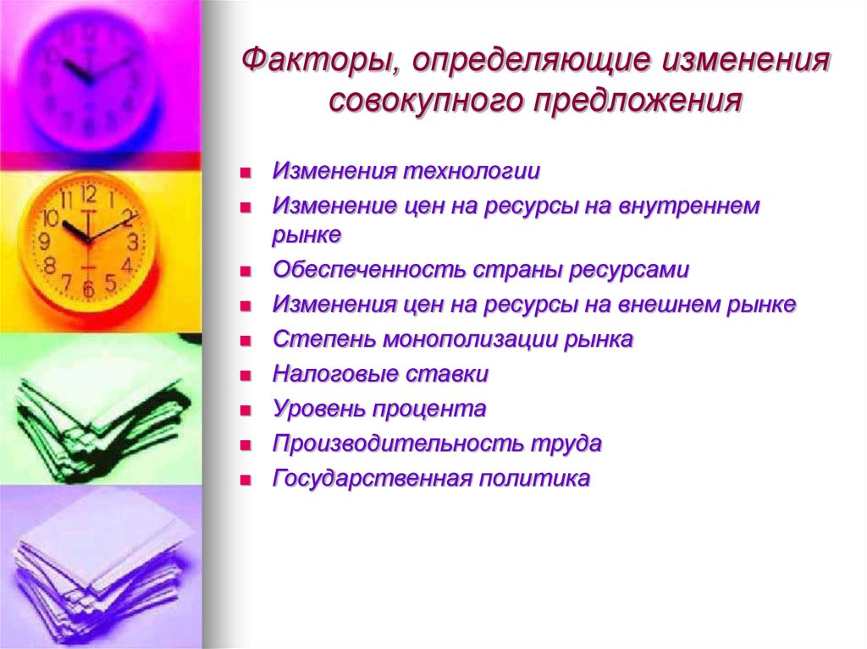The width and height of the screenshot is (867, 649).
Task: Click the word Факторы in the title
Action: coord(309,61)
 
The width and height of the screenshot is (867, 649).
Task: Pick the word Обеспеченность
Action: coord(368,271)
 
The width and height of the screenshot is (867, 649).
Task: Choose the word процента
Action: coord(428,410)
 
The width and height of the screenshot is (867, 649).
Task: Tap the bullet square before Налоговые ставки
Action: coord(245,375)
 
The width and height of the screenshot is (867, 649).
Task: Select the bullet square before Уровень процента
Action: coord(245,410)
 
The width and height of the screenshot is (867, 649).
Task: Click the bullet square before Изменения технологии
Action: coord(245,172)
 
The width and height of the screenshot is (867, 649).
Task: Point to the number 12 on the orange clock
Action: coord(88,194)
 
